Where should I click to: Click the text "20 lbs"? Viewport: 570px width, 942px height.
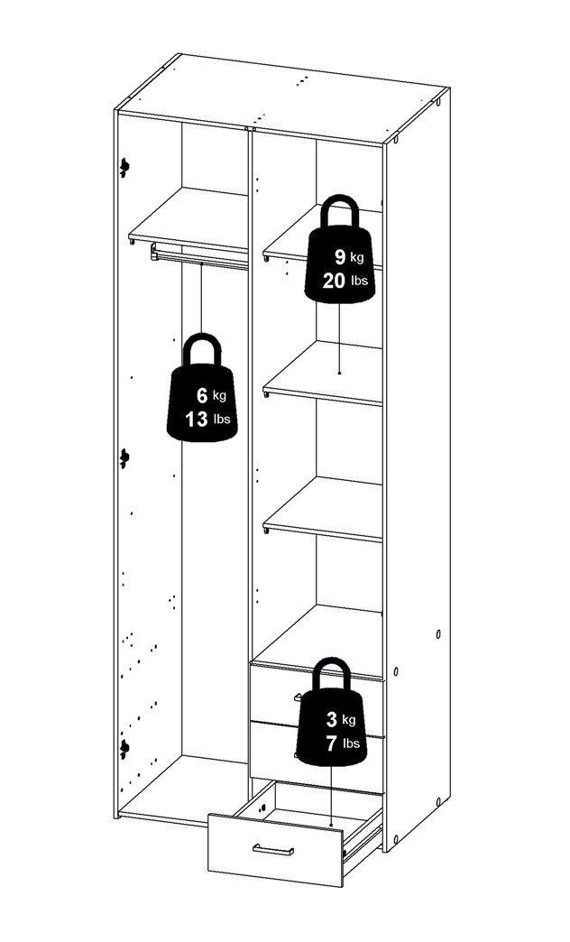(345, 281)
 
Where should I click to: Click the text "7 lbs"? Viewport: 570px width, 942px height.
(343, 743)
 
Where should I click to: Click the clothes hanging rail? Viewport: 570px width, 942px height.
(199, 256)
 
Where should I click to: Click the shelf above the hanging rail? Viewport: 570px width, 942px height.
(189, 220)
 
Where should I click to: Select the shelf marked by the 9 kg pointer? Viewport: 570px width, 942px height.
(323, 373)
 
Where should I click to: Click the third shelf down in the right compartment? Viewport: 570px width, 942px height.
(323, 509)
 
